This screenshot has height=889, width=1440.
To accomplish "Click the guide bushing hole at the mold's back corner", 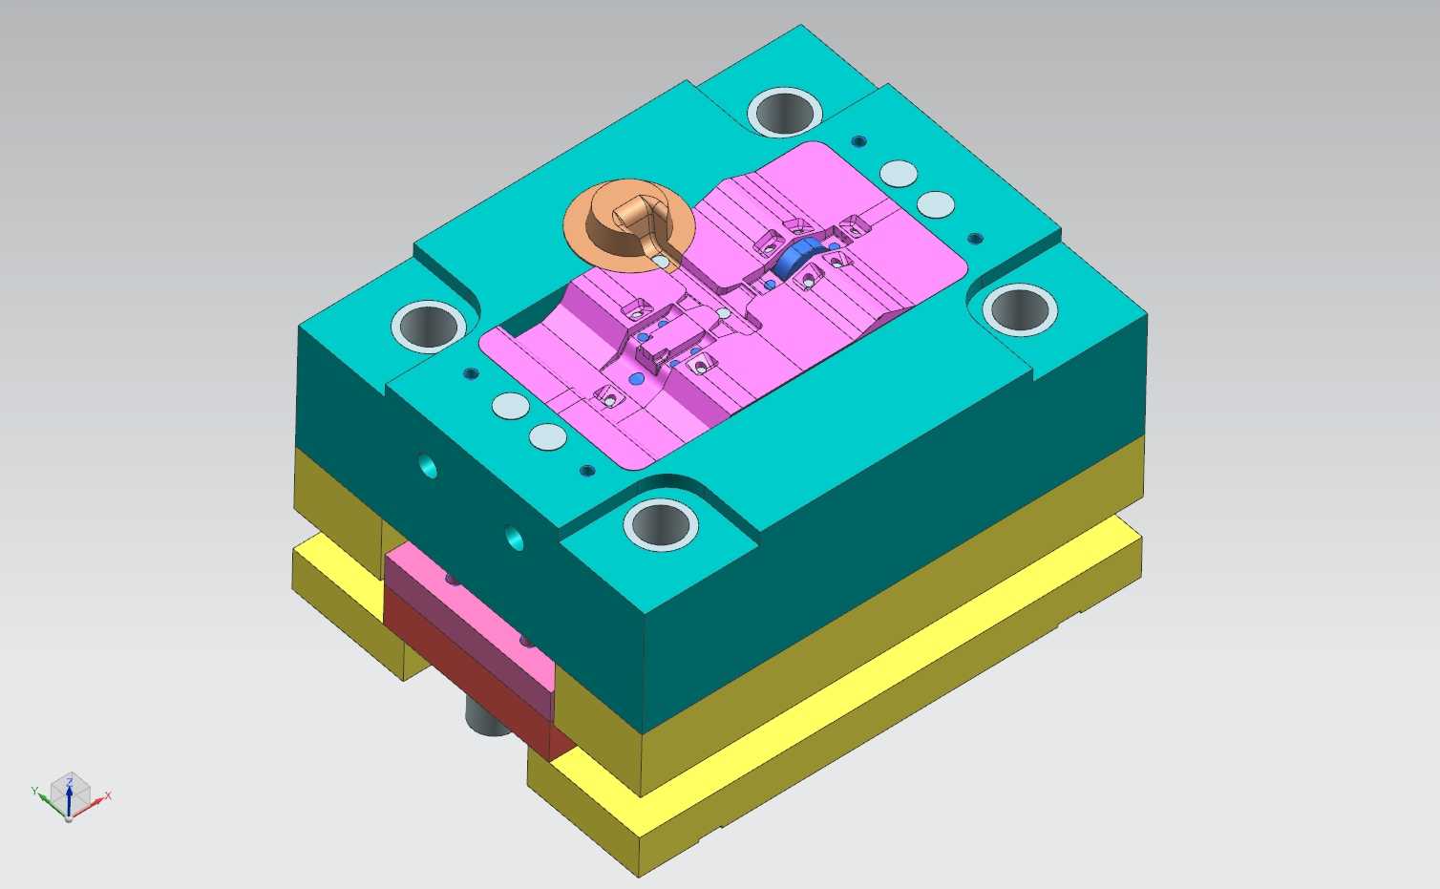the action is click(784, 113).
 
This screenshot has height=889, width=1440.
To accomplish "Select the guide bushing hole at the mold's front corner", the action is click(661, 524).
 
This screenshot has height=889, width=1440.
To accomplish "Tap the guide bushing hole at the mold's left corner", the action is click(429, 327).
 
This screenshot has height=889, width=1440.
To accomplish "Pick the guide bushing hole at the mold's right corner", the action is click(1020, 309).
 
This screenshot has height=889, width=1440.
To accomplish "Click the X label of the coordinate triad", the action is click(108, 795).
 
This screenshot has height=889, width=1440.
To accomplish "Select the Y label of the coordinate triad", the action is click(34, 791).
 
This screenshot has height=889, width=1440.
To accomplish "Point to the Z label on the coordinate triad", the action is click(70, 782).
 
